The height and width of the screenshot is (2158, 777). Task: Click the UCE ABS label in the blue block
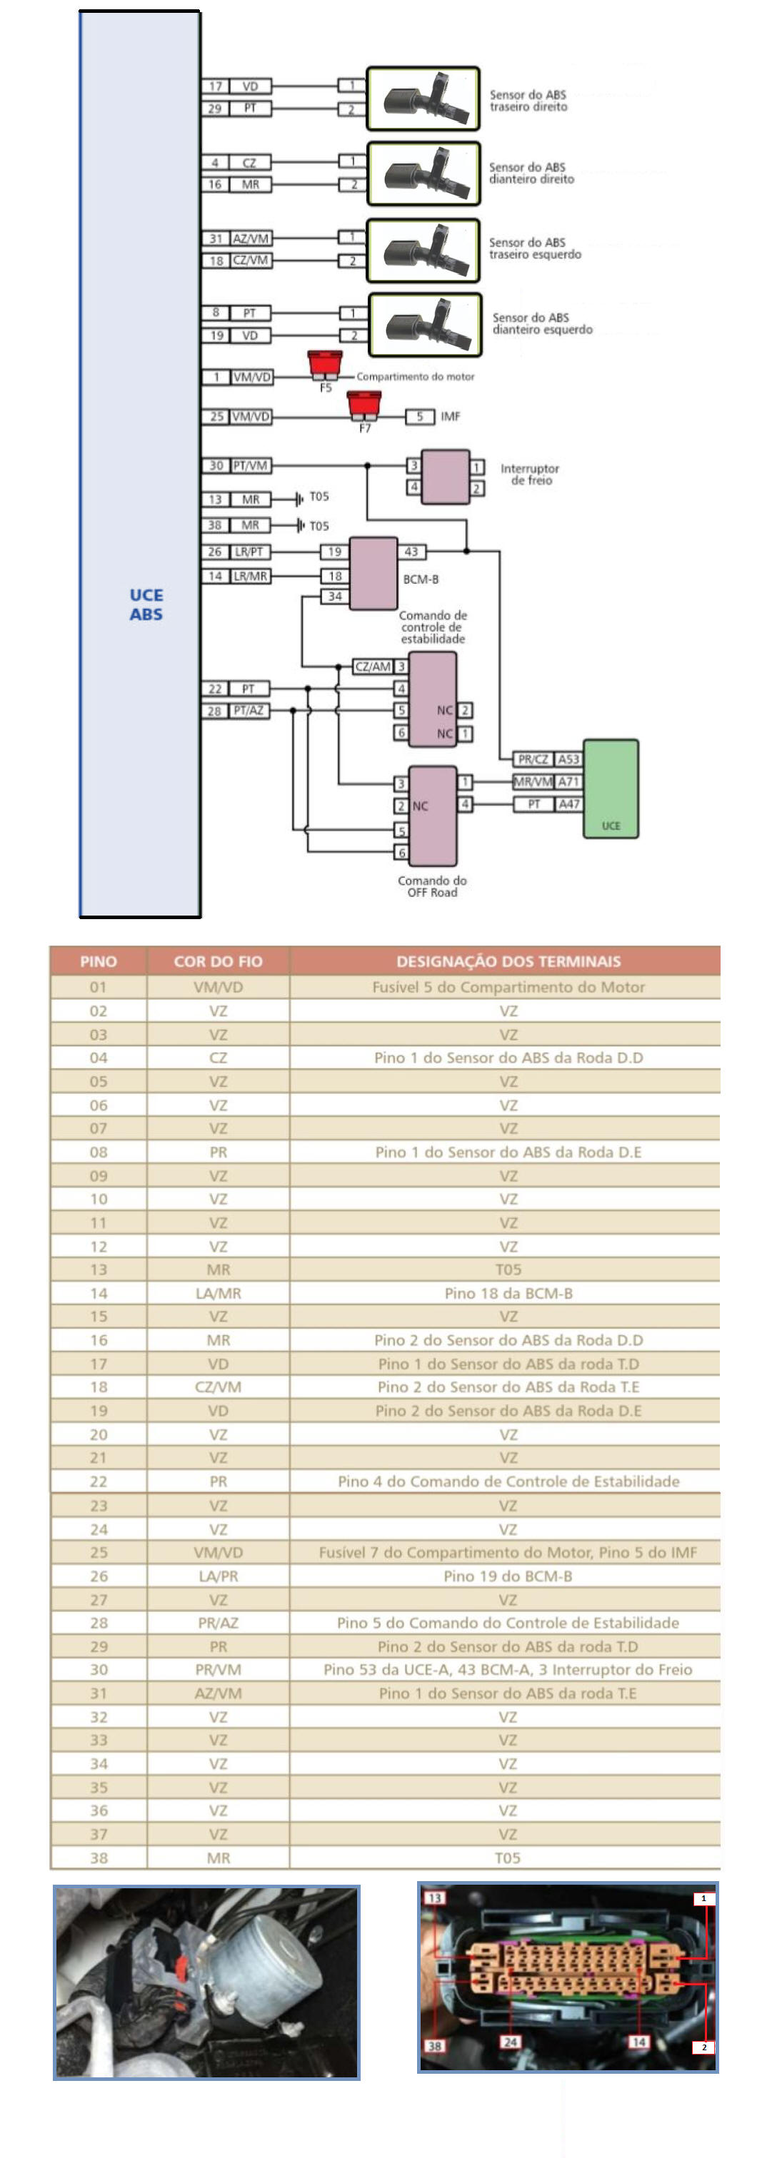point(146,604)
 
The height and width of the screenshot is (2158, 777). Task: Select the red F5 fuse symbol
point(324,365)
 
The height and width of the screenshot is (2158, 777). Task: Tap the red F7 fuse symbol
point(364,405)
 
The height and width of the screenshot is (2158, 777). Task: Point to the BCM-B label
point(421,579)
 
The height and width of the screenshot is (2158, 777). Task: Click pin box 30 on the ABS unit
point(216,465)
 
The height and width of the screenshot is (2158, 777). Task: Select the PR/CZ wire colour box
point(533,759)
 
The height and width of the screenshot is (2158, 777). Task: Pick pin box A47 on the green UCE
point(569,804)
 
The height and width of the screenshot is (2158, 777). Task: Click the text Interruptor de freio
point(530,474)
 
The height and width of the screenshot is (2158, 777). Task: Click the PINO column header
point(98,961)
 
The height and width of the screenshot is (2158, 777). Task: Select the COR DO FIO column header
point(218,961)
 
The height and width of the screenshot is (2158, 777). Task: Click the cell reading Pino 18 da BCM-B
point(508,1292)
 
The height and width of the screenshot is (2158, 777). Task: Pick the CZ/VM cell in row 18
point(218,1387)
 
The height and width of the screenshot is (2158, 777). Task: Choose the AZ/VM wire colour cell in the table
point(218,1692)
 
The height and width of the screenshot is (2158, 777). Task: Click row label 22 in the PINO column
point(98,1481)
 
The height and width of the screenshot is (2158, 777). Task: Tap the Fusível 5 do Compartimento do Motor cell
point(508,987)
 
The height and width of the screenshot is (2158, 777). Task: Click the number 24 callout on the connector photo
point(510,2042)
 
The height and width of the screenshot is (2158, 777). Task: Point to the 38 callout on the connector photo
point(434,2045)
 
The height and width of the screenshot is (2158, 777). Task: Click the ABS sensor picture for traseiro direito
point(423,99)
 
